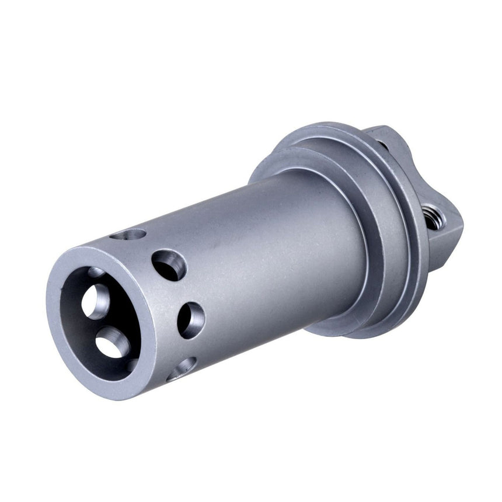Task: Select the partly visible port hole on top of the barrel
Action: [x=129, y=235]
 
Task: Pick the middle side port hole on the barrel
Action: [x=191, y=319]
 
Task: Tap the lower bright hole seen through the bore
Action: [x=110, y=342]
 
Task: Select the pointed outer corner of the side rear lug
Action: [x=461, y=225]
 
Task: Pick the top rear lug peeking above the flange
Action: [x=379, y=133]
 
